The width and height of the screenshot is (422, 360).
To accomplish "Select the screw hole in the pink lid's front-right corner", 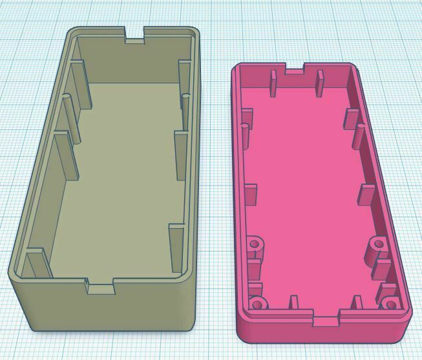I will click(x=390, y=303).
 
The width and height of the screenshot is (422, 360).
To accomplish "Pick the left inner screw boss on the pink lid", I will click(x=255, y=245).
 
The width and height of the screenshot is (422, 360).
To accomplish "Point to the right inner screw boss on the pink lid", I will click(x=377, y=244).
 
